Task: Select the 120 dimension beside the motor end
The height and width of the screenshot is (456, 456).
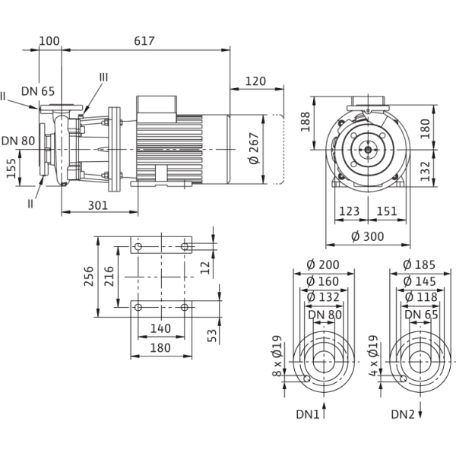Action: (x=256, y=81)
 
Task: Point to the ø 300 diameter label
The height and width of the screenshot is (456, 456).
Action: (x=367, y=236)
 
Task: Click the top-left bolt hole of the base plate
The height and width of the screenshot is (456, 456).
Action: (x=137, y=249)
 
